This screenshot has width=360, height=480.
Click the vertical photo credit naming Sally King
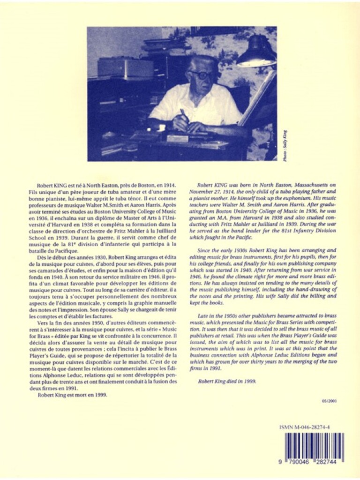pos(285,146)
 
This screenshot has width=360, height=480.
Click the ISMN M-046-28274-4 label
pos(311,427)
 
